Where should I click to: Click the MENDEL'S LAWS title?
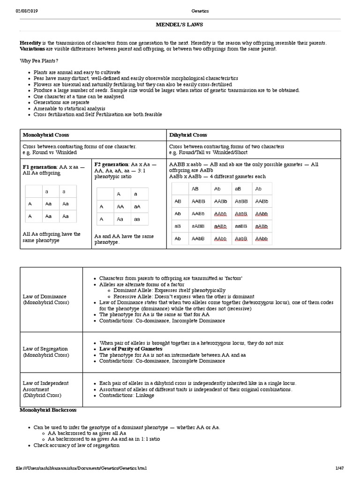pos(180,24)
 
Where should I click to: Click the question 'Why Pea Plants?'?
pos(39,61)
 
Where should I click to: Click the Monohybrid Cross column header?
pos(46,135)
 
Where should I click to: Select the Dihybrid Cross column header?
pos(188,135)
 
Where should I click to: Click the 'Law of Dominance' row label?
pos(45,297)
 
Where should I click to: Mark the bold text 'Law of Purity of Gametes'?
pos(131,349)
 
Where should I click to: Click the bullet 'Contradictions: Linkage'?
pos(127,396)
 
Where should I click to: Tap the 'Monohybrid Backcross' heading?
pos(48,410)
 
